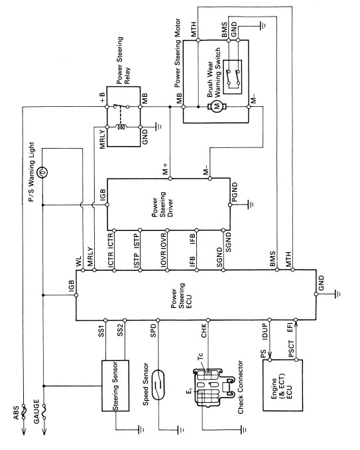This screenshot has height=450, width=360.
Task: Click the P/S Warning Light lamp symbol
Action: pos(42,173)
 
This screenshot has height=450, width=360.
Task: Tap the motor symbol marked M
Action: pos(217,107)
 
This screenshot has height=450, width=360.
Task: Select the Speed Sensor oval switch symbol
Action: pos(158,384)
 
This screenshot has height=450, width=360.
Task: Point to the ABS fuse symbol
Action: pos(23,412)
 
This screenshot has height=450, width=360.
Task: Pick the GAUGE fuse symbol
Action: pos(44,412)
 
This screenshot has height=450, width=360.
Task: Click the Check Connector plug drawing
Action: pos(210,387)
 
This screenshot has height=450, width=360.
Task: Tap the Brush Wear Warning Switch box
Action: pos(233,77)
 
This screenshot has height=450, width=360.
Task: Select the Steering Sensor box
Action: pos(115,386)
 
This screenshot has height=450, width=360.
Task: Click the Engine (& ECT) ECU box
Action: pos(282,385)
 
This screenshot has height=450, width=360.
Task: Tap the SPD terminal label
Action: pos(154,330)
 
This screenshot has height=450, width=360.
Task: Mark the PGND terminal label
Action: pos(235,192)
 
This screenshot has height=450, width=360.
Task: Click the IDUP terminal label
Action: pos(265,332)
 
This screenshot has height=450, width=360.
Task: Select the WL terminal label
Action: pos(79,262)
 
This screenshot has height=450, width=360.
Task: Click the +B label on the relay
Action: pos(102,98)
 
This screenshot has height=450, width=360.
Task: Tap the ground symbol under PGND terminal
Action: pos(251,204)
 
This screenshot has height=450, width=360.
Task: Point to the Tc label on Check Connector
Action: pos(200,356)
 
